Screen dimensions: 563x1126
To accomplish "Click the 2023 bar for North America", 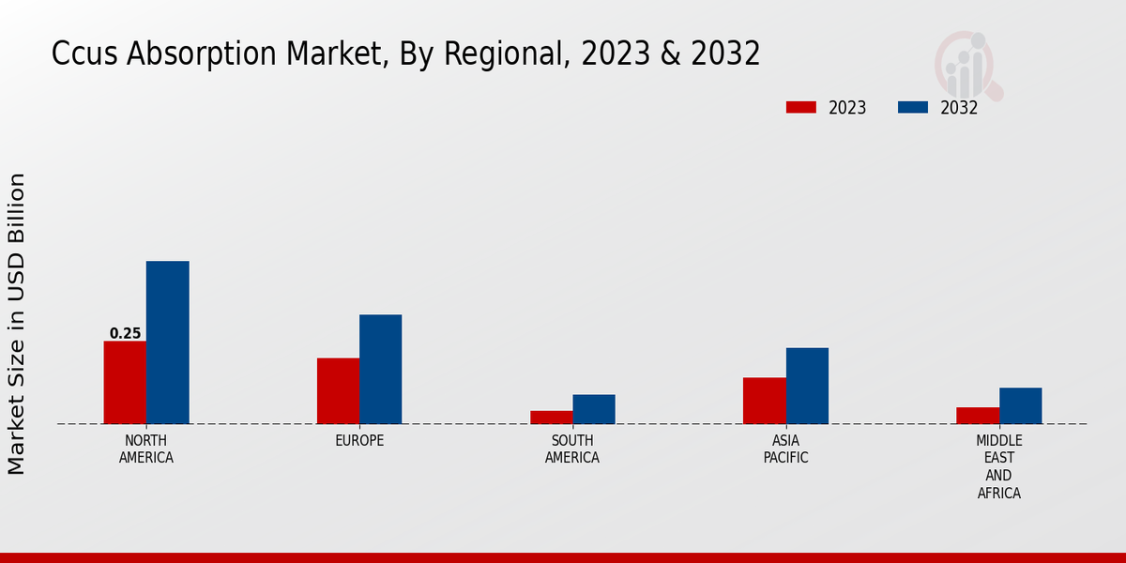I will tap(125, 382).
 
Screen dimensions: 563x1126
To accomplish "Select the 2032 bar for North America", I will tap(167, 342).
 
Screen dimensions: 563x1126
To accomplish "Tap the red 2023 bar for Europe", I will tap(338, 390).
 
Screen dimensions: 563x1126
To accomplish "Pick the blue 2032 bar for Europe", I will tap(380, 369).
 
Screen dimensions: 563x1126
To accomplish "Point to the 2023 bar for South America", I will tap(551, 417).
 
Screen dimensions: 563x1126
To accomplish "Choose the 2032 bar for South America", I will tap(594, 409).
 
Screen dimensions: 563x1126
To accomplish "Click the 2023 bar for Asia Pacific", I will tap(764, 401).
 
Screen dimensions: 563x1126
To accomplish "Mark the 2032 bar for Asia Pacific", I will tap(807, 386).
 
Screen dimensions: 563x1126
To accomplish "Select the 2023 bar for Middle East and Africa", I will tap(978, 415).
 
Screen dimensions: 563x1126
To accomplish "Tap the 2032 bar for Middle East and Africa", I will tap(1020, 405).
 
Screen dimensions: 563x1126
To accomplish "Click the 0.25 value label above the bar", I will tap(125, 333).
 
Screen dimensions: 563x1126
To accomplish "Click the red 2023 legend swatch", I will tap(801, 107).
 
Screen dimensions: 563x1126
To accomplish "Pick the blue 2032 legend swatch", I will tap(913, 107).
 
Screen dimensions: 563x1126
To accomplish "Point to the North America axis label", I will tap(146, 449).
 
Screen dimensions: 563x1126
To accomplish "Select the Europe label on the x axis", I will tap(359, 441).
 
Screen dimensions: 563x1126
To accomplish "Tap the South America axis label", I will tap(572, 449).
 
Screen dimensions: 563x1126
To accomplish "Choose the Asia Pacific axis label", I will tap(785, 449).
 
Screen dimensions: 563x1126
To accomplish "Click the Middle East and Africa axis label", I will tap(998, 466).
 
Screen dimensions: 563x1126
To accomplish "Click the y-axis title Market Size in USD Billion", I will tap(17, 324).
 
